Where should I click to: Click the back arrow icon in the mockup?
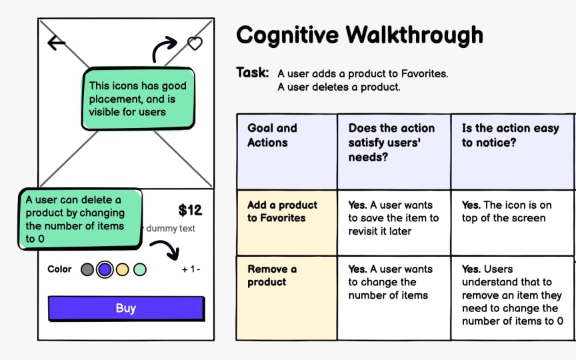click(57, 43)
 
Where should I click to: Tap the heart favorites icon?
click(194, 44)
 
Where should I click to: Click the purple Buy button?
click(126, 308)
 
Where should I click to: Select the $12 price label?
click(190, 211)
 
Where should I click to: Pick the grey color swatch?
click(87, 269)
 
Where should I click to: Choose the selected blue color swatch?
click(105, 269)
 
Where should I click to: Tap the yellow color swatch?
click(122, 269)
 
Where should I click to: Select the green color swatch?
click(139, 269)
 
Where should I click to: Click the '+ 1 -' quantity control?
click(191, 270)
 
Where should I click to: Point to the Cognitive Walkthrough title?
click(359, 35)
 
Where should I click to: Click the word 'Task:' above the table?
click(253, 73)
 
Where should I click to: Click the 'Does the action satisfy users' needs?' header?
click(391, 142)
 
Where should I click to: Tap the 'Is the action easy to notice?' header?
click(510, 135)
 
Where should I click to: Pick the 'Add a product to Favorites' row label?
click(282, 211)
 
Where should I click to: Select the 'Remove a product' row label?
click(272, 275)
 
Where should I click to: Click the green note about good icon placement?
click(138, 99)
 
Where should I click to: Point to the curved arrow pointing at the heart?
click(163, 49)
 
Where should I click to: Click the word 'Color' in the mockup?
click(59, 269)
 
